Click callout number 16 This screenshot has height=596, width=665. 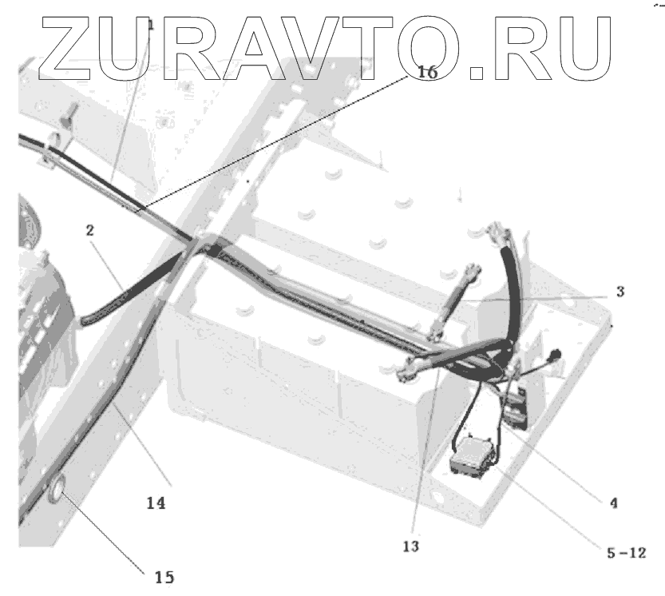click(x=427, y=73)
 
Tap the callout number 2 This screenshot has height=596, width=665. click(x=90, y=232)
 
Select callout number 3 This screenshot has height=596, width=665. click(x=620, y=292)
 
